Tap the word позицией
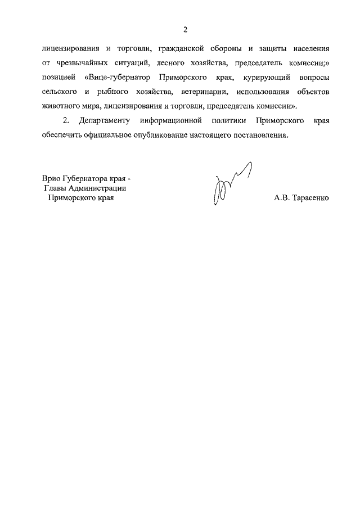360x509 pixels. tap(58, 77)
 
